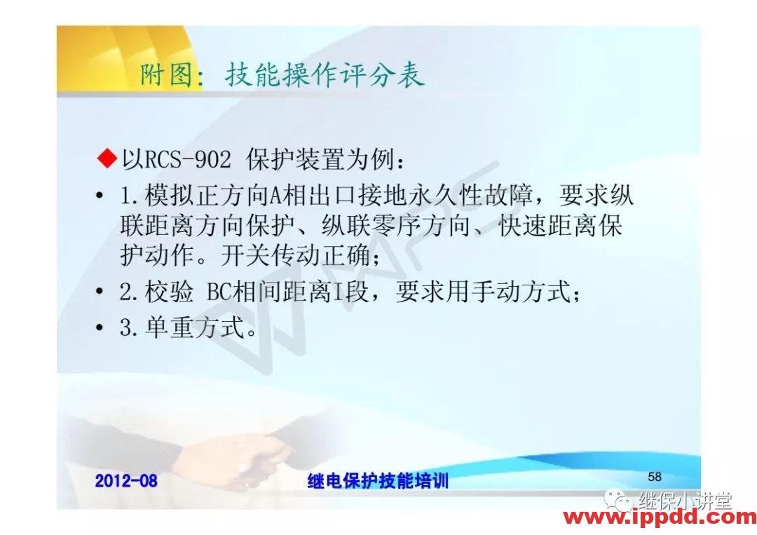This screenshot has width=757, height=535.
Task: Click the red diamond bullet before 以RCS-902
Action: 107,160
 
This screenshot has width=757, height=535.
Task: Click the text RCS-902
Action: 187,161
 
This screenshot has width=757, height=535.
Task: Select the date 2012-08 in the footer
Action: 126,480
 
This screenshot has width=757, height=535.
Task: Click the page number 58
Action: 655,477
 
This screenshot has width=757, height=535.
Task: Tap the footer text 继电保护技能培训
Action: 378,481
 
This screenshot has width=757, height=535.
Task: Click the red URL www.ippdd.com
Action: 660,518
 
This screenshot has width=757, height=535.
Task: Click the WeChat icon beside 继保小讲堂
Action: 620,501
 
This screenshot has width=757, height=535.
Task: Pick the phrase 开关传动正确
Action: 294,256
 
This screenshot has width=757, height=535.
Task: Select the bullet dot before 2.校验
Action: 101,293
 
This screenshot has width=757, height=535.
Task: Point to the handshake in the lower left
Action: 245,456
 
